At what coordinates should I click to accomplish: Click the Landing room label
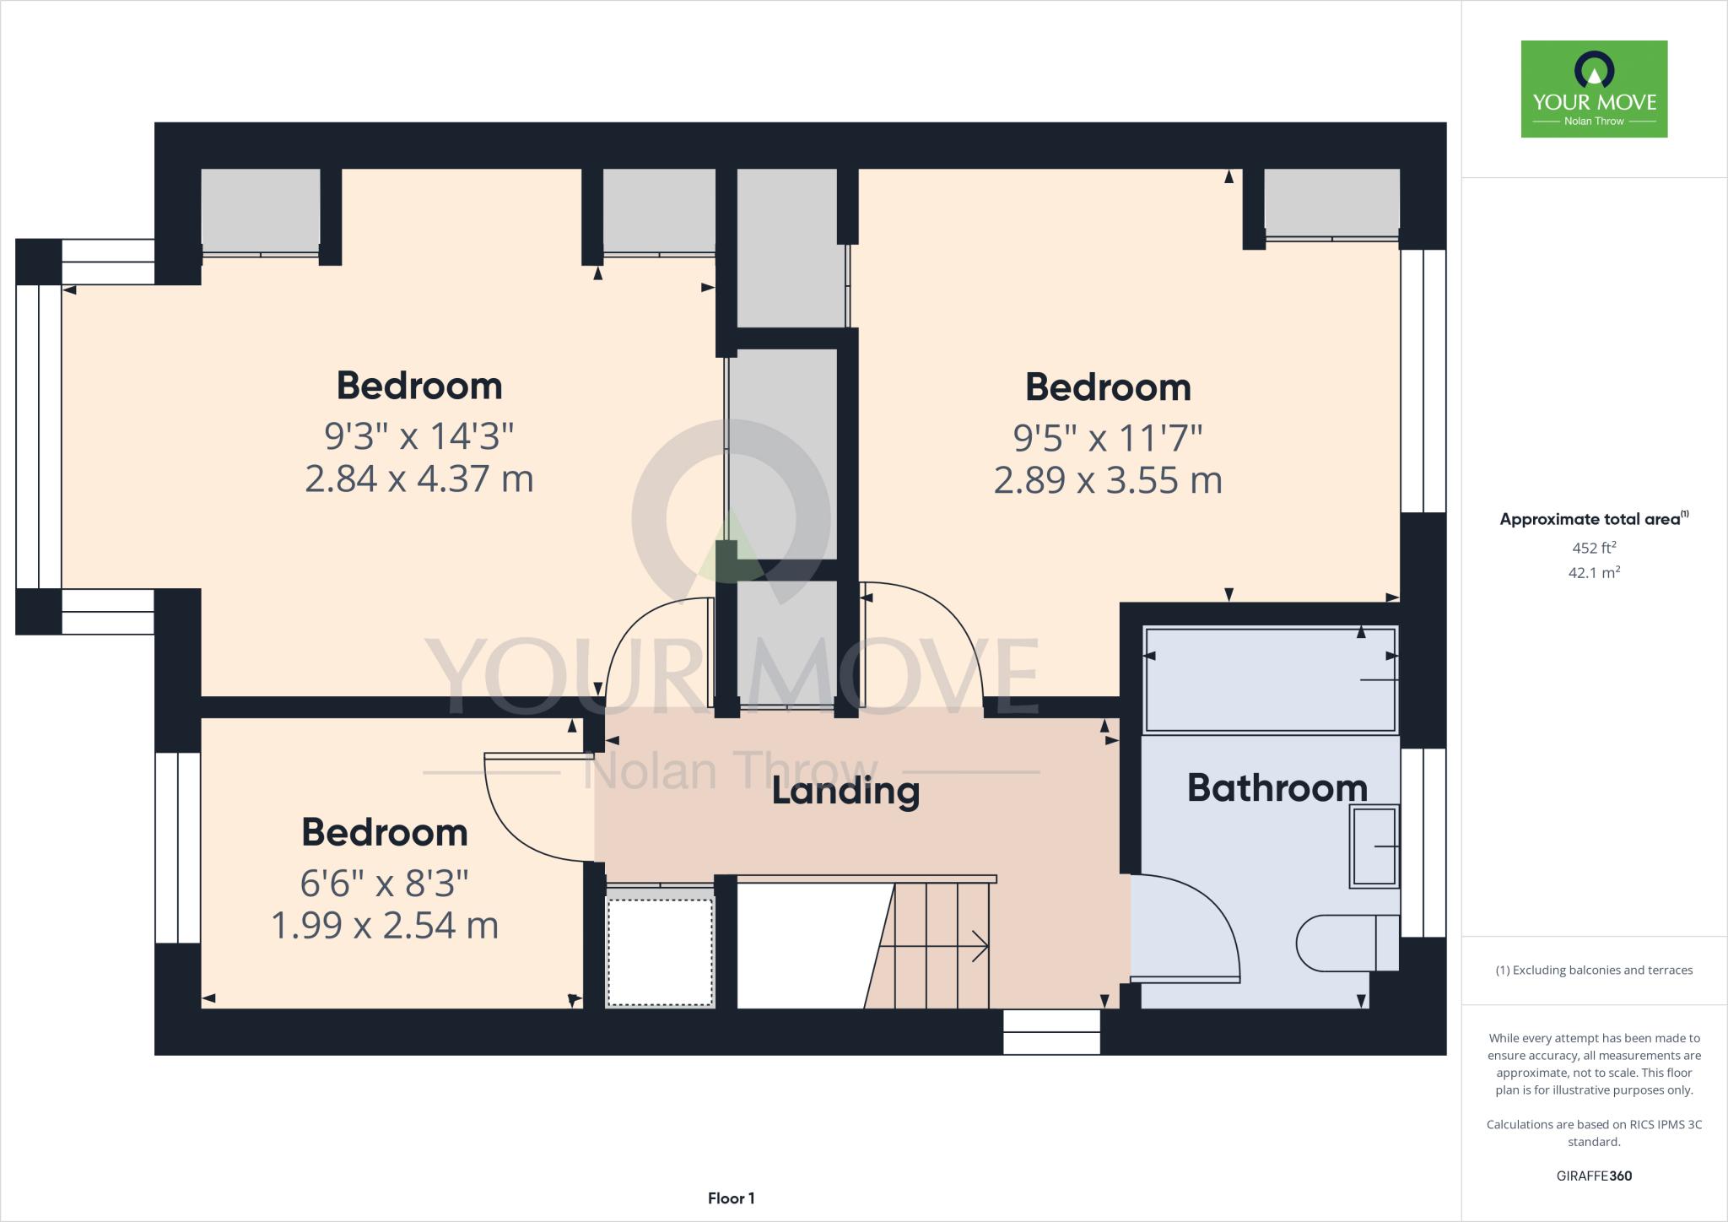tap(845, 792)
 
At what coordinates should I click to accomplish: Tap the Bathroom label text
tap(1277, 788)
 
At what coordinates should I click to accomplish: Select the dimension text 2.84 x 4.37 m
tap(419, 479)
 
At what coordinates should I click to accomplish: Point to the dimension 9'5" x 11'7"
tap(1108, 438)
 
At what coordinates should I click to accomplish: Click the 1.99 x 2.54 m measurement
tap(385, 926)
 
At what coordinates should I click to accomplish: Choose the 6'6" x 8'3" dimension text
tap(385, 884)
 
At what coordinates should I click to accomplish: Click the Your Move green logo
tap(1594, 89)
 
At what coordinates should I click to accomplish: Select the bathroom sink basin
tap(1374, 846)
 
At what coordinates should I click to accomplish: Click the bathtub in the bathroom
tap(1270, 680)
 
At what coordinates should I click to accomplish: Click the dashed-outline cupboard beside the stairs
tap(660, 952)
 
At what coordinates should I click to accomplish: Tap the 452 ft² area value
tap(1594, 548)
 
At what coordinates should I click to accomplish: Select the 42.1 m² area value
tap(1594, 573)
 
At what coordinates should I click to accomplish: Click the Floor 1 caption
tap(731, 1198)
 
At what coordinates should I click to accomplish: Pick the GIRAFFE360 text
tap(1594, 1176)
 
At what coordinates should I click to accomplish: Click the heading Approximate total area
tap(1590, 519)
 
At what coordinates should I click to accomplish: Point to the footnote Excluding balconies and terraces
tap(1594, 971)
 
